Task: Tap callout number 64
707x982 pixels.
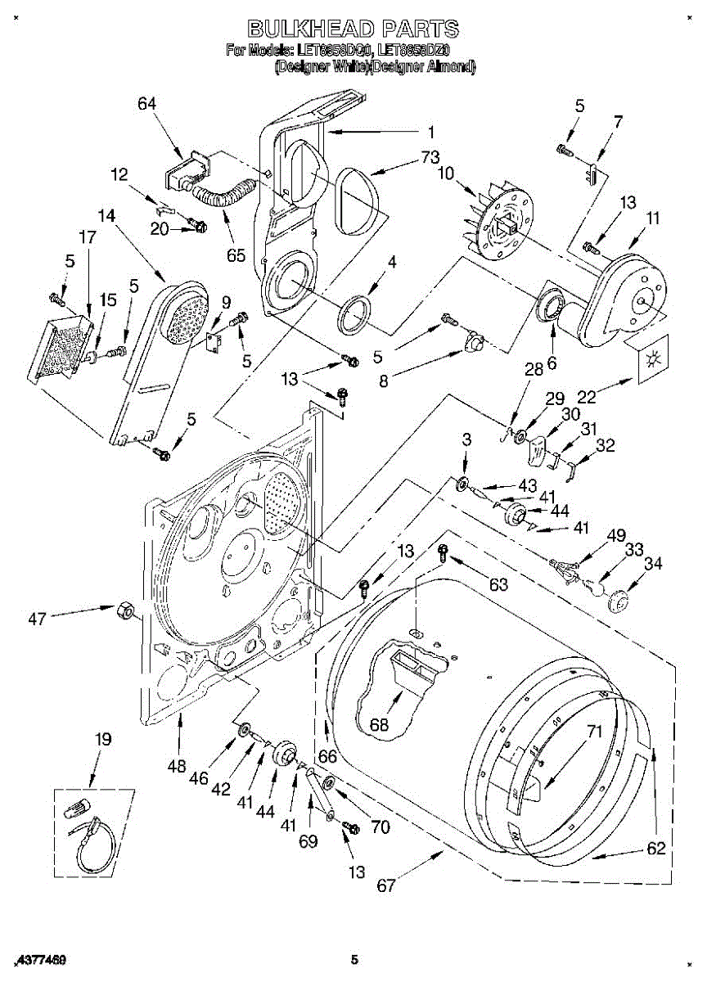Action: tap(146, 104)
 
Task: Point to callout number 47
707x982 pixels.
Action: tap(38, 619)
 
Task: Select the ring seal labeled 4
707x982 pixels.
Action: tap(354, 311)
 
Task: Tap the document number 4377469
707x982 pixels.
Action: tap(41, 959)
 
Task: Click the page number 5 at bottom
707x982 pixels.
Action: tap(354, 959)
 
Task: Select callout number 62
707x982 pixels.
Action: tap(656, 849)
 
